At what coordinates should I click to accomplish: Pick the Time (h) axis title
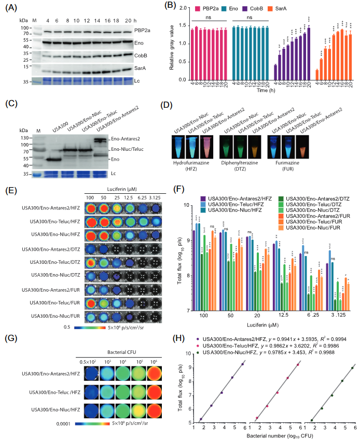[274, 93]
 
